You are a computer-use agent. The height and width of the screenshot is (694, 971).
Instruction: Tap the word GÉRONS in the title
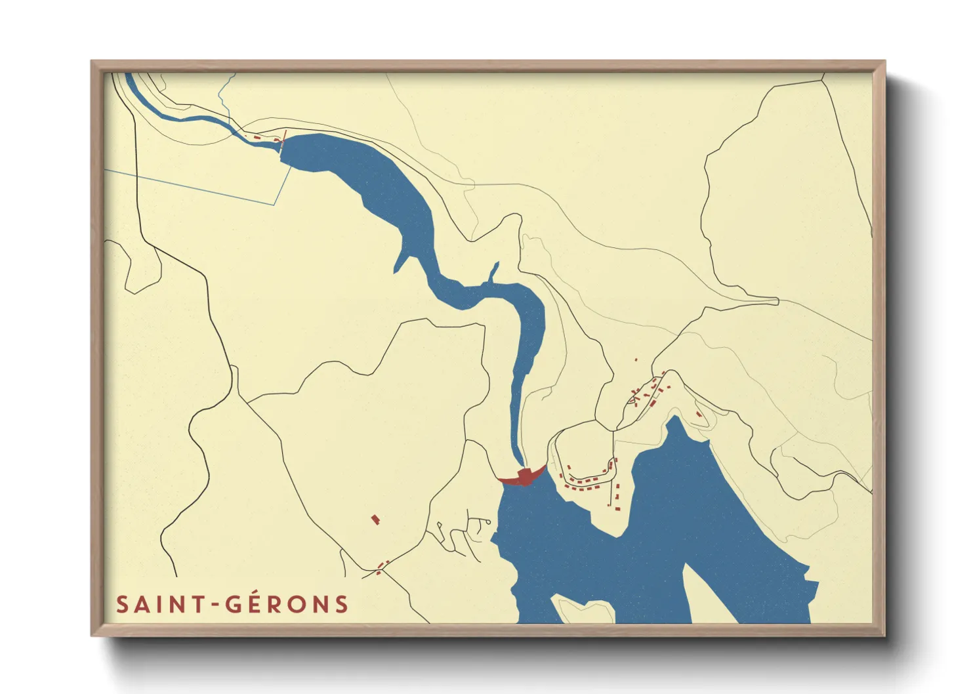pos(287,604)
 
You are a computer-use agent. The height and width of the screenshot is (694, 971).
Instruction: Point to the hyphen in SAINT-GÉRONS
pos(216,605)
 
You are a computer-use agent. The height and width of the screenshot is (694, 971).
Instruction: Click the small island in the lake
pos(583,609)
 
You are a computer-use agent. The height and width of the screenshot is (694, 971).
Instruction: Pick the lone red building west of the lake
pos(375,520)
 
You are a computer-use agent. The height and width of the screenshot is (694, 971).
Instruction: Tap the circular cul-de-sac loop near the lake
pos(488,522)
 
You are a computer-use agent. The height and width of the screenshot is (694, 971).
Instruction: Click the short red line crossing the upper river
pos(283,137)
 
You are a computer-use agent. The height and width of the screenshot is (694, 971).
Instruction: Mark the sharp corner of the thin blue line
pos(274,205)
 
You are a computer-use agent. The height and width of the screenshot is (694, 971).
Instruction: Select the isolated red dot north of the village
pos(636,359)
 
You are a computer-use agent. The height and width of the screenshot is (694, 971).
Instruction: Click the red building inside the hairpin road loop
pos(698,414)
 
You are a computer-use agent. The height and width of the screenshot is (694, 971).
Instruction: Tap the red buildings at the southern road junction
pos(382,566)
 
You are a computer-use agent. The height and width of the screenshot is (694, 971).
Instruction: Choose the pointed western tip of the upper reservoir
pos(396,270)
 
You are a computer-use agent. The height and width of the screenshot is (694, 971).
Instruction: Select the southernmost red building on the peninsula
pos(615,508)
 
